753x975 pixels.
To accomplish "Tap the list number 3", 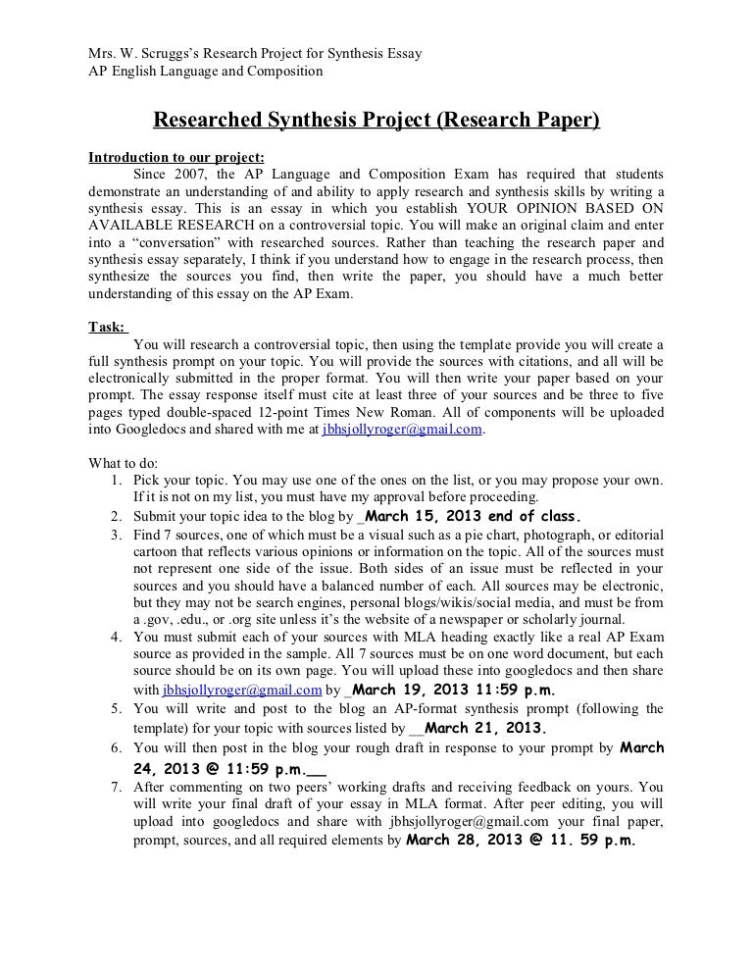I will tap(116, 535).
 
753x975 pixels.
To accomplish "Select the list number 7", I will tap(116, 787).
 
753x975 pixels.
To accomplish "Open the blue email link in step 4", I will tap(242, 690).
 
